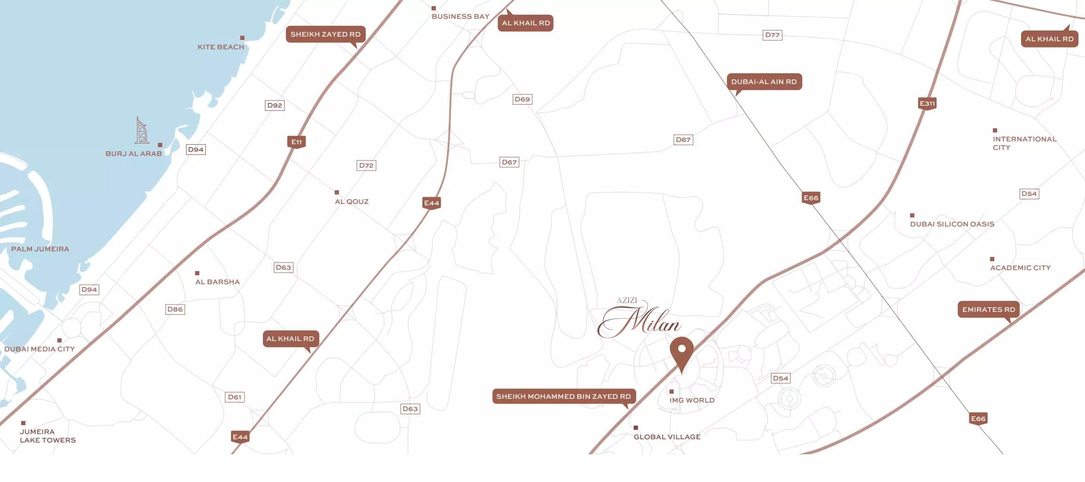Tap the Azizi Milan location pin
[682, 352]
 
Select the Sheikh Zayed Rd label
[325, 34]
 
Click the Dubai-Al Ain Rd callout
[764, 82]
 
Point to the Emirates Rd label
[988, 310]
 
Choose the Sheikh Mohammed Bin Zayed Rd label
[563, 396]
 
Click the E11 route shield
[296, 142]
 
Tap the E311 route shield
[927, 103]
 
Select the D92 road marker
[275, 105]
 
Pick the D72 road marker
[366, 165]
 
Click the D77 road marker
[772, 35]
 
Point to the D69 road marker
[522, 99]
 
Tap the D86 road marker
[175, 309]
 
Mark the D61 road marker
[234, 397]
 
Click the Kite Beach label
[220, 47]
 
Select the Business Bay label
[460, 16]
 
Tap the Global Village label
[667, 437]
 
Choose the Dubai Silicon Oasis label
[951, 224]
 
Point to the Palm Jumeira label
[40, 249]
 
